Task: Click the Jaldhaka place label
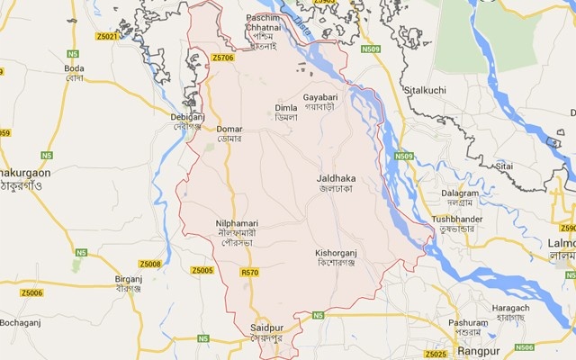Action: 337,180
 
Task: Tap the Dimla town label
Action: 285,108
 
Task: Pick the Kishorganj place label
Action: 338,254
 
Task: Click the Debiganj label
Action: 187,117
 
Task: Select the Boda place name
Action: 74,68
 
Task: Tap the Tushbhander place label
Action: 456,220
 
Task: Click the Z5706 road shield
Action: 223,58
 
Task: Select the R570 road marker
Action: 249,271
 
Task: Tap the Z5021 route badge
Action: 106,36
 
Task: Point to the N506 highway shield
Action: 524,346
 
